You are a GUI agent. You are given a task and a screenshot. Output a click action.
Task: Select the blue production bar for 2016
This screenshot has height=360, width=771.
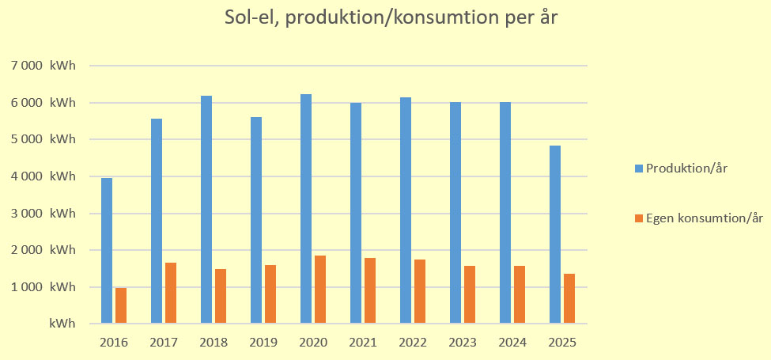[107, 250]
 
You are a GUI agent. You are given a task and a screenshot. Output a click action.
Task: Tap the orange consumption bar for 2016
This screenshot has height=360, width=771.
[121, 305]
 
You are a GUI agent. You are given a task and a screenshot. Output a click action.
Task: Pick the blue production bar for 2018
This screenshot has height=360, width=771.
[206, 209]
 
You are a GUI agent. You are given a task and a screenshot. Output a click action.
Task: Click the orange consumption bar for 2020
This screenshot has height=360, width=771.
[320, 289]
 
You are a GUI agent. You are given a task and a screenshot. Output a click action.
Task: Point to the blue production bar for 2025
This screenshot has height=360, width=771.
[555, 234]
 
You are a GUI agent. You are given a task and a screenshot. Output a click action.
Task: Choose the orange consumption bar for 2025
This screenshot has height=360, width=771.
[569, 298]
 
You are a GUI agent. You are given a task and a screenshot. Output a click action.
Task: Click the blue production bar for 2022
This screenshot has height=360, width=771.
[406, 210]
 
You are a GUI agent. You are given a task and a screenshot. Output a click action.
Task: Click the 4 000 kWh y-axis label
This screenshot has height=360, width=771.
[49, 176]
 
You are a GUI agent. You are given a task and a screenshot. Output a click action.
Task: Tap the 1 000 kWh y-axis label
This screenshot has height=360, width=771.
[49, 286]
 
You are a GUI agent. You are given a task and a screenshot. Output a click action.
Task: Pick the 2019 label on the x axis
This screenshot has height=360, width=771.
[263, 343]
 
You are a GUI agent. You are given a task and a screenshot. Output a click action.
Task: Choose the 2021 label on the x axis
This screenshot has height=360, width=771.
[363, 343]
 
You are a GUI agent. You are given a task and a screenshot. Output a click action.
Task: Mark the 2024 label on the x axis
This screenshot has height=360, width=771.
[512, 343]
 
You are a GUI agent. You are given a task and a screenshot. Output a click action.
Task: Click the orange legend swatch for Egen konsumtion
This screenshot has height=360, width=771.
[638, 217]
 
